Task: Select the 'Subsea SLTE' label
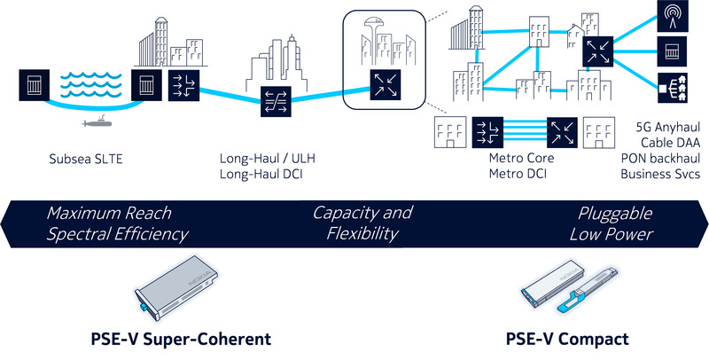point(85,160)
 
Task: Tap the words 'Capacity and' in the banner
point(362,214)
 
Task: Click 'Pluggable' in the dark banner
point(614,214)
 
